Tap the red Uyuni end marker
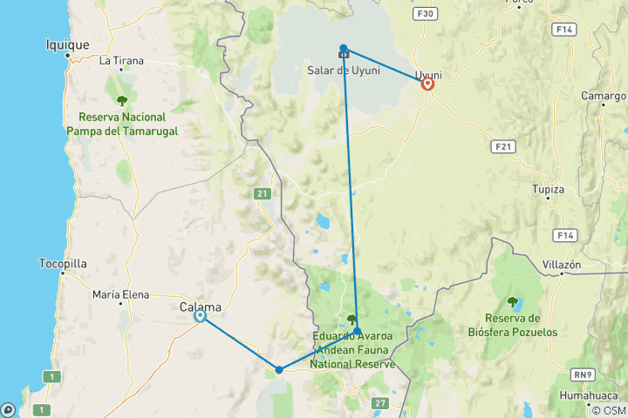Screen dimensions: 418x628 [x=428, y=84]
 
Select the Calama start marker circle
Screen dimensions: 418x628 [x=200, y=316]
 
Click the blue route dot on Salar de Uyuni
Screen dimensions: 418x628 [x=344, y=49]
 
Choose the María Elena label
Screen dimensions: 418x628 [x=119, y=295]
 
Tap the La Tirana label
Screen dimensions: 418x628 [x=121, y=61]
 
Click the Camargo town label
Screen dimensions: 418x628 [x=604, y=94]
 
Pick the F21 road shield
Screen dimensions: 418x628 [x=501, y=145]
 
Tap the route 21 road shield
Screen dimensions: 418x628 [x=262, y=193]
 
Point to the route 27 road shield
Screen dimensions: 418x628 [x=379, y=401]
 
